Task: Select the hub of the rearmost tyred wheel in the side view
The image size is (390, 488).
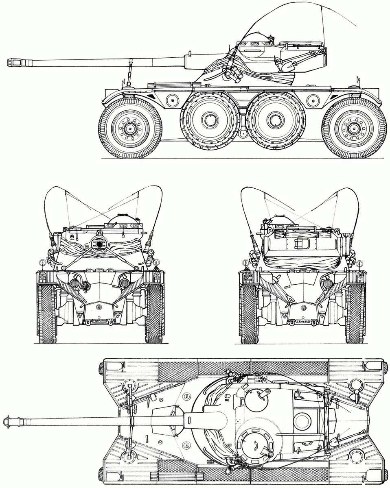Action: [354, 129]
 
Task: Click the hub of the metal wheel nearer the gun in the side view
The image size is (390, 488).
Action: [209, 120]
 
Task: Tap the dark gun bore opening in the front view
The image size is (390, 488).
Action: [99, 244]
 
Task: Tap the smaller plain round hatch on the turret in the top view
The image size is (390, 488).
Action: [257, 396]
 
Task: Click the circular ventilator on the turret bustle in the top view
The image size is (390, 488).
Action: [302, 421]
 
